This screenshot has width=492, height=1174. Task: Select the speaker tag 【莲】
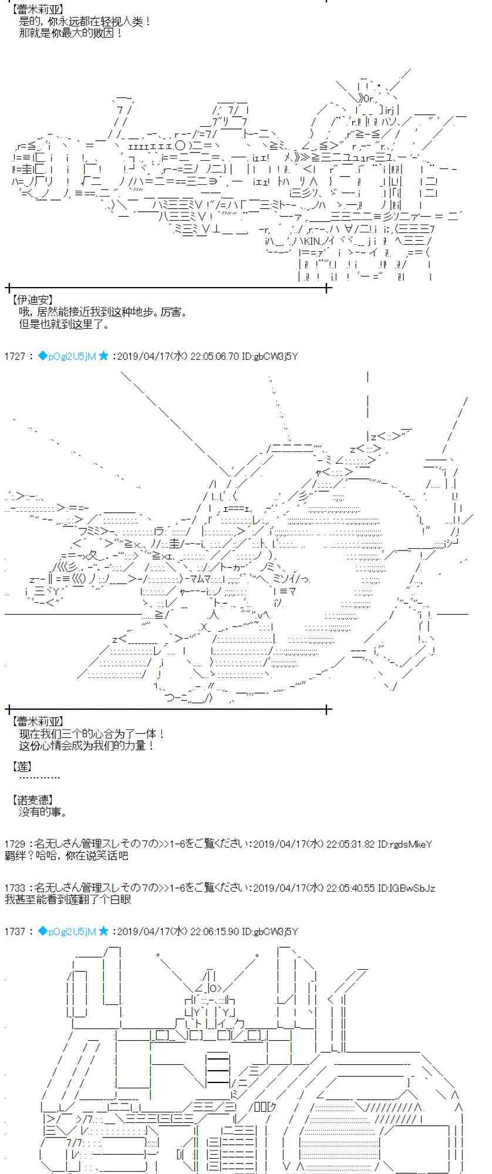coord(22,767)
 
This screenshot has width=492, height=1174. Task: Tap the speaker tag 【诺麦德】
coord(32,799)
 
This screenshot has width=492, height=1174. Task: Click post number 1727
coord(14,356)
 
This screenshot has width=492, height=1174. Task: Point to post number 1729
coord(14,844)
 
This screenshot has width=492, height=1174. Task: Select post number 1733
coord(14,889)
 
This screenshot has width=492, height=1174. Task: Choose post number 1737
coord(14,932)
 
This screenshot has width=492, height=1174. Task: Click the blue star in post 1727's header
coord(103,356)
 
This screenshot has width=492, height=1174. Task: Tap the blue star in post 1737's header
coord(103,932)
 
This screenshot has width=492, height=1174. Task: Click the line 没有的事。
coord(43,812)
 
